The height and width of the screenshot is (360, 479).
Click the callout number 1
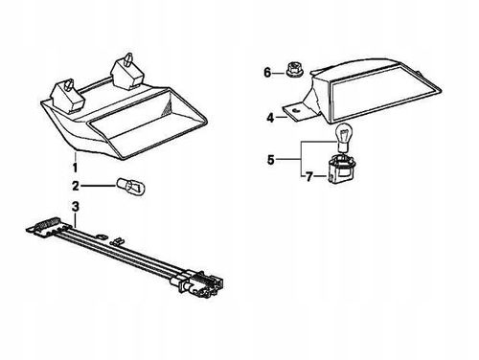click(x=75, y=168)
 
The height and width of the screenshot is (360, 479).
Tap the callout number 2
click(x=76, y=186)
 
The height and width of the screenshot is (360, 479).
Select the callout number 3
click(x=76, y=207)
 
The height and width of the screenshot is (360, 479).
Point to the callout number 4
click(x=270, y=118)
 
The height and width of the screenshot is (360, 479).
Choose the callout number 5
click(x=271, y=160)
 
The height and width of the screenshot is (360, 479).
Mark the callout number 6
click(x=267, y=73)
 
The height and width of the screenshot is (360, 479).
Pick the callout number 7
click(x=308, y=177)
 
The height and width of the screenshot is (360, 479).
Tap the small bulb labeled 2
click(x=131, y=187)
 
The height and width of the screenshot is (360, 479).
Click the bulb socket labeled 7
click(x=340, y=169)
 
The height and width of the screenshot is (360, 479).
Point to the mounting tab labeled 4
click(x=295, y=111)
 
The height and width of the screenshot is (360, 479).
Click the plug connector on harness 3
click(x=198, y=283)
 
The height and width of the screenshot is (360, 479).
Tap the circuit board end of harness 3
click(x=48, y=227)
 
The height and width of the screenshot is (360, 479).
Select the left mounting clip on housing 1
click(x=68, y=97)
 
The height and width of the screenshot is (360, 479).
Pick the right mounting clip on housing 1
click(x=126, y=73)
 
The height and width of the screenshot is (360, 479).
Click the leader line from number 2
click(x=97, y=186)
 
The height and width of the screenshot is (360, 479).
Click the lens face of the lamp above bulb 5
click(x=383, y=93)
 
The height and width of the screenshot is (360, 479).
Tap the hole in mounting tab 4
click(x=295, y=110)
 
